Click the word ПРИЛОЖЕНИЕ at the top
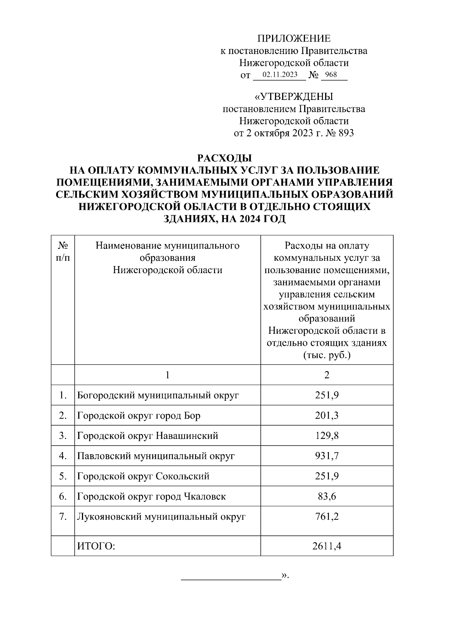[294, 39]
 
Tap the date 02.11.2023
[280, 74]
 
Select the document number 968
[331, 74]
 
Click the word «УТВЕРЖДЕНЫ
[294, 97]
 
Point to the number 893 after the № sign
[346, 133]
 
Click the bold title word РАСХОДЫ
[224, 158]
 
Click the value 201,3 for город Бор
[327, 416]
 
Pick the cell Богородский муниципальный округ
[158, 396]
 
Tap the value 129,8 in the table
[327, 436]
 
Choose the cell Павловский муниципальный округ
[156, 456]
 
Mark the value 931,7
[327, 456]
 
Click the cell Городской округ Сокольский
[143, 476]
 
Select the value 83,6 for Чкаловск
[327, 497]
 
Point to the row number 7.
[63, 517]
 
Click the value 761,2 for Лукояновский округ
[327, 517]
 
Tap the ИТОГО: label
[96, 546]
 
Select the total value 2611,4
[327, 546]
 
